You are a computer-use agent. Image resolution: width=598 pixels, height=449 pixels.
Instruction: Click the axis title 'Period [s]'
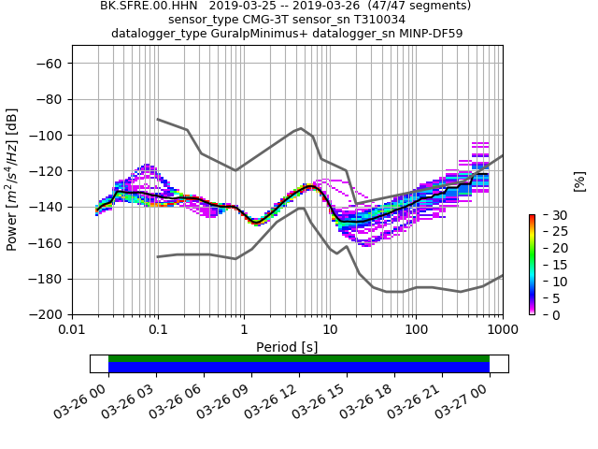click(287, 347)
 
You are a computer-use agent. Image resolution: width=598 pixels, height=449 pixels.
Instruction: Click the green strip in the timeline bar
click(299, 358)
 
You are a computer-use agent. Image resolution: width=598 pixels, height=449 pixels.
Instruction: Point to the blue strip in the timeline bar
click(299, 368)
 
